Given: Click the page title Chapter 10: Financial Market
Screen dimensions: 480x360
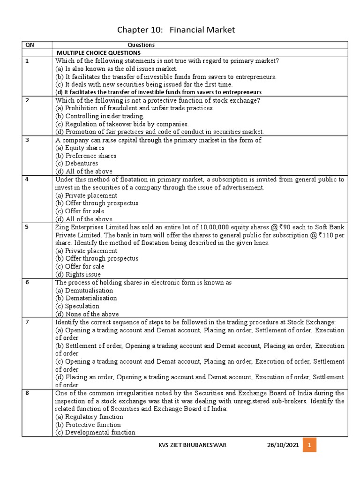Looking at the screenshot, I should click(x=176, y=30).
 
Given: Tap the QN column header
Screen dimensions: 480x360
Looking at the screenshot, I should click(x=30, y=45).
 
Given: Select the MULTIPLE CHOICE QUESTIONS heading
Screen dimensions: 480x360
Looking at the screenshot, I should click(x=98, y=52).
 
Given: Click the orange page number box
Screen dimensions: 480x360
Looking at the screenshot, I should click(x=309, y=445).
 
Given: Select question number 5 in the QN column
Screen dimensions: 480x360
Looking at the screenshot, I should click(x=27, y=227).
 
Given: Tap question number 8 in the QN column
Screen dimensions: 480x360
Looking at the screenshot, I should click(x=27, y=393).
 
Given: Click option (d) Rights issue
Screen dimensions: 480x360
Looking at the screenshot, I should click(x=78, y=274).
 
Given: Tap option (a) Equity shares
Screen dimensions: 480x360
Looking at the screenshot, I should click(x=80, y=148).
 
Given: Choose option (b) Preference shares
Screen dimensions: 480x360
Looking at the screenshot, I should click(x=86, y=156).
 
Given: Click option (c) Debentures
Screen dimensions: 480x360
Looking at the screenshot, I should click(x=77, y=164).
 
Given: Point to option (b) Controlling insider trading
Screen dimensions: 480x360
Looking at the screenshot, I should click(x=100, y=116).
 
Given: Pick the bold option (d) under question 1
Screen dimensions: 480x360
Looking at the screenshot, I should click(x=158, y=92).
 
